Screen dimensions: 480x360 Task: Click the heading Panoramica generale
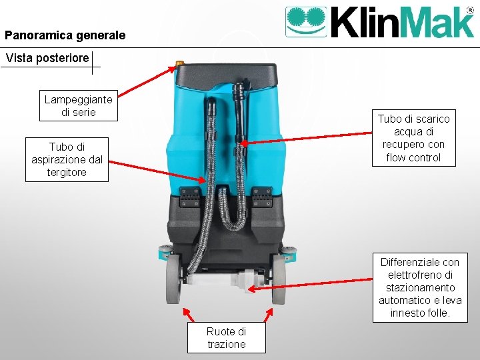click(x=65, y=35)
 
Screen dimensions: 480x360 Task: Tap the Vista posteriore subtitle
click(x=47, y=58)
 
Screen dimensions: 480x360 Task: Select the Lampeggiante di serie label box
click(x=79, y=105)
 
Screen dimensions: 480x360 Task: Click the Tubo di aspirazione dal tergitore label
click(x=67, y=159)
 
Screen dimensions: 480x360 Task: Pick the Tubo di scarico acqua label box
click(x=414, y=138)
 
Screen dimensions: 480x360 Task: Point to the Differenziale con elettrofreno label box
click(x=420, y=287)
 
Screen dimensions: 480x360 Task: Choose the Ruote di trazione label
click(x=226, y=338)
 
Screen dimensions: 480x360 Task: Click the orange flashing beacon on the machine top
click(x=179, y=65)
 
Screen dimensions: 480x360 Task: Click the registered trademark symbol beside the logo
click(x=470, y=11)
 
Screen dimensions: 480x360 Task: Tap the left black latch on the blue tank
click(x=189, y=196)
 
